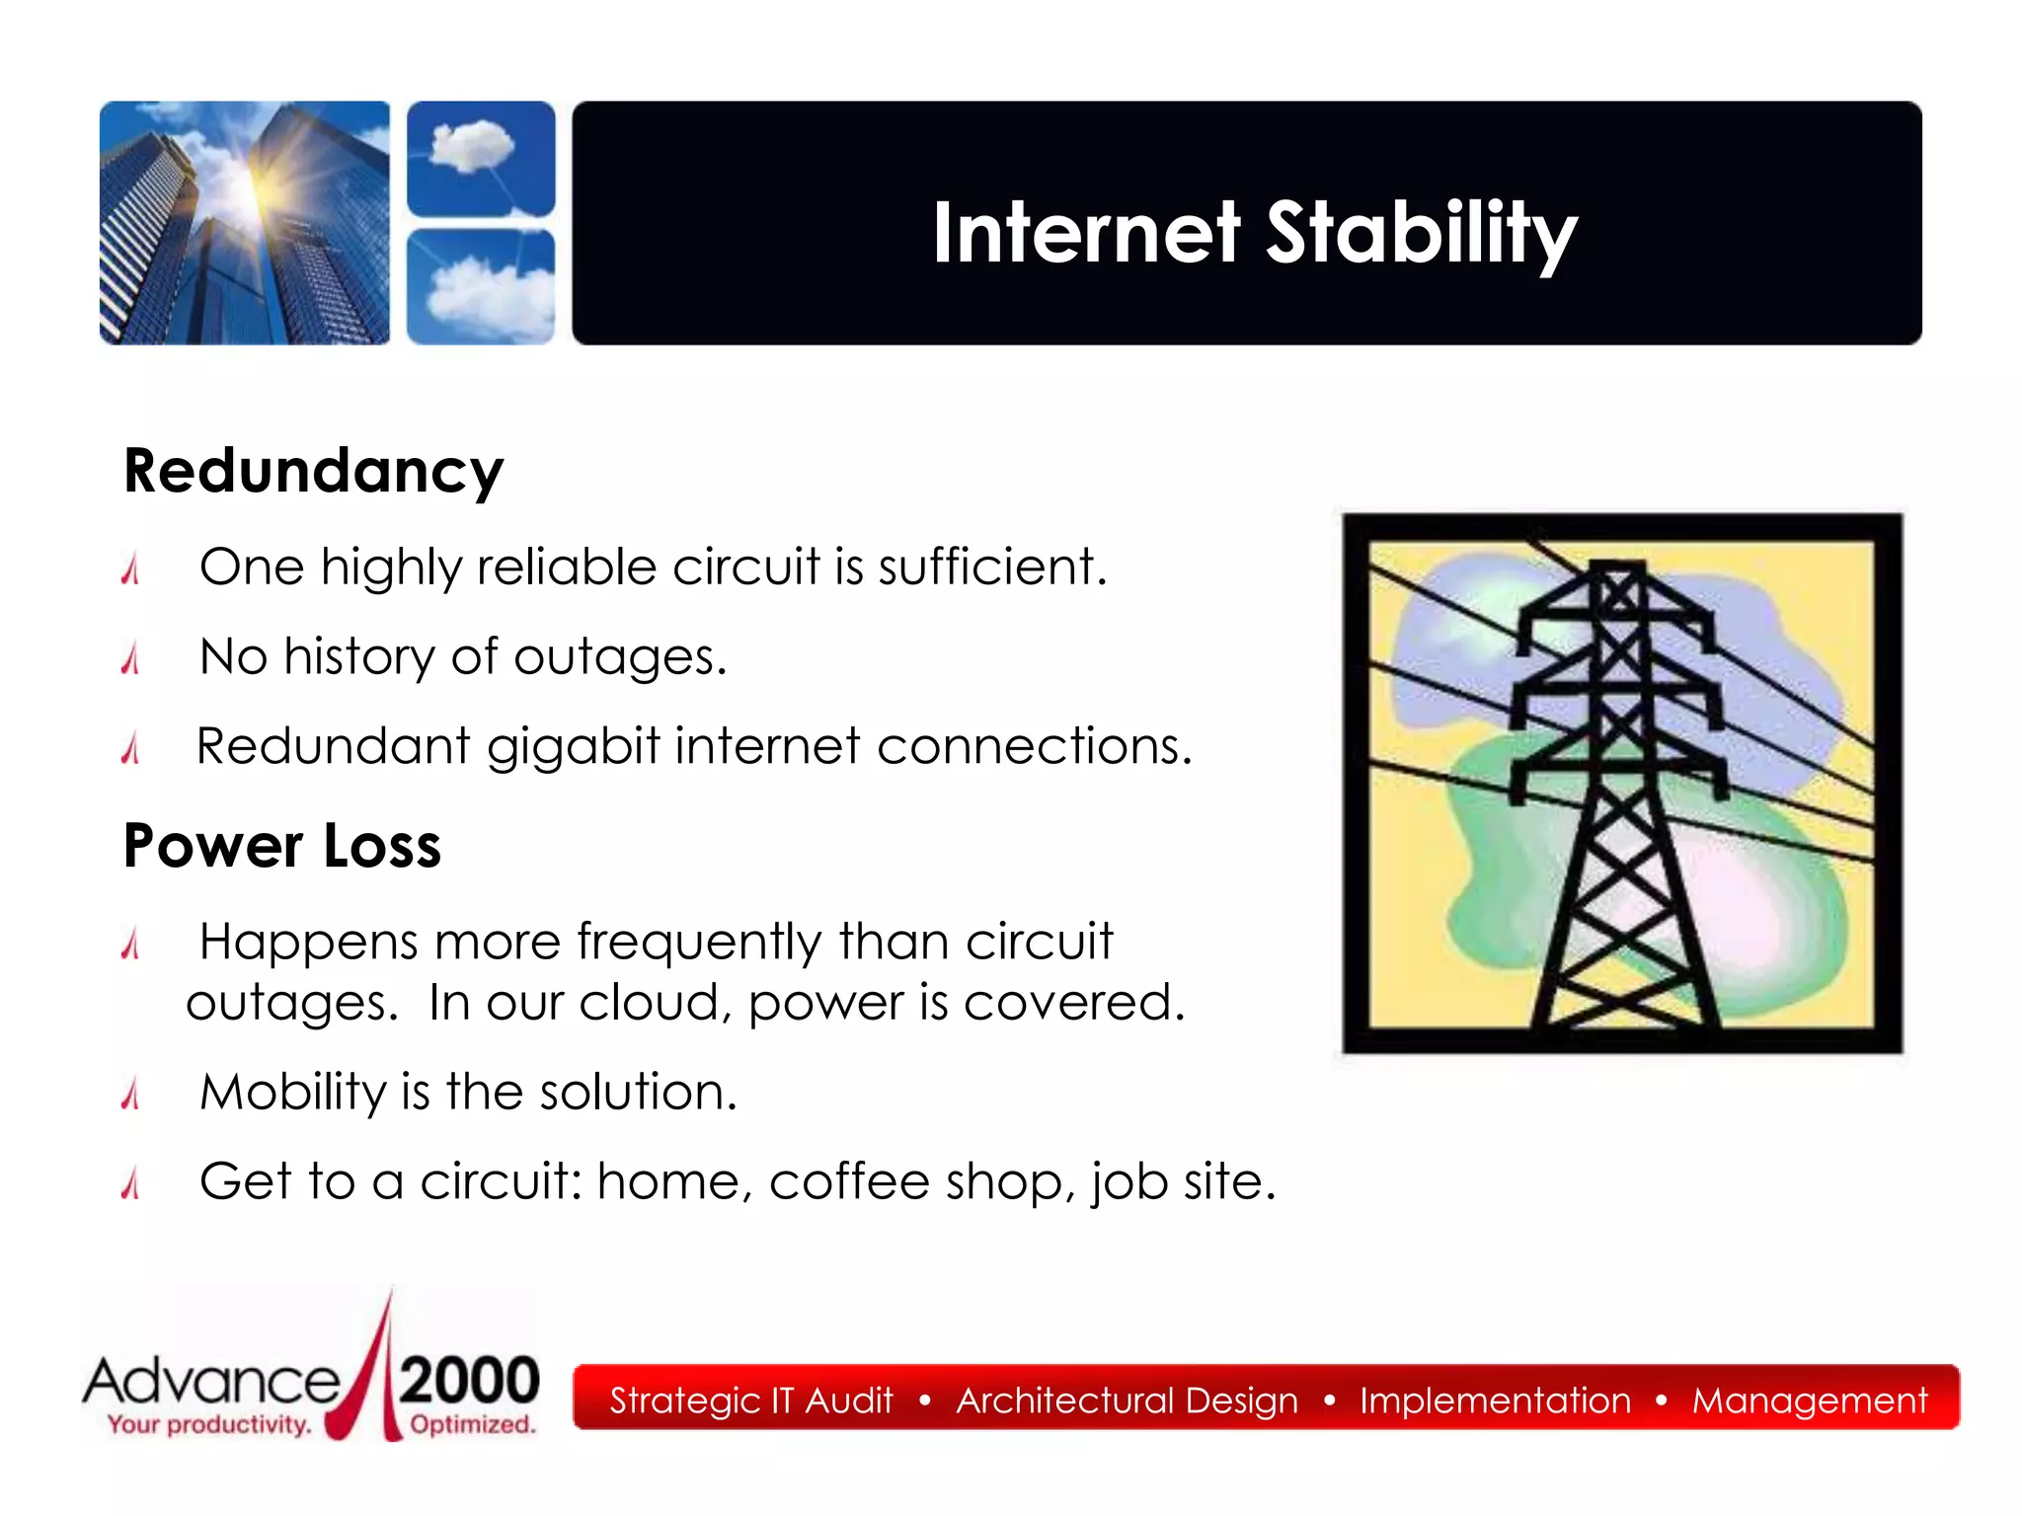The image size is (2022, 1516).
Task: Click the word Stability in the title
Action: pyautogui.click(x=1422, y=233)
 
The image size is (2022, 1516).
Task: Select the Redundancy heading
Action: pyautogui.click(x=313, y=471)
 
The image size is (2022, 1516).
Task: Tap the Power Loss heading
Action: pyautogui.click(x=281, y=846)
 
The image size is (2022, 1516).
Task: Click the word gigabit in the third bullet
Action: pyautogui.click(x=573, y=746)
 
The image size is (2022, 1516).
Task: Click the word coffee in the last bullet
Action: pyautogui.click(x=849, y=1181)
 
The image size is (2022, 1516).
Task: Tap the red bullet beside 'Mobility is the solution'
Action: pyautogui.click(x=130, y=1094)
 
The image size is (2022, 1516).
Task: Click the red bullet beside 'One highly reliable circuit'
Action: pyautogui.click(x=130, y=568)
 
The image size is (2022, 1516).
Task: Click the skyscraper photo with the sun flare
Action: pyautogui.click(x=245, y=223)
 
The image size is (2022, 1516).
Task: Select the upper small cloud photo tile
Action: pyautogui.click(x=481, y=158)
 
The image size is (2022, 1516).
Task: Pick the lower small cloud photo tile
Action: pyautogui.click(x=481, y=286)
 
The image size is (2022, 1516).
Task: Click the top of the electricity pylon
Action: pyautogui.click(x=1617, y=572)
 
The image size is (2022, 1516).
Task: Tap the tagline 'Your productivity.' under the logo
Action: pyautogui.click(x=209, y=1424)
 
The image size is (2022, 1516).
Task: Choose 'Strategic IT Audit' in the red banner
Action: pyautogui.click(x=750, y=1401)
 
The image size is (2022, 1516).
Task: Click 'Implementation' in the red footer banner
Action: pyautogui.click(x=1495, y=1401)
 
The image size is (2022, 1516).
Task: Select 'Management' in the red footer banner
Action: pyautogui.click(x=1809, y=1401)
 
